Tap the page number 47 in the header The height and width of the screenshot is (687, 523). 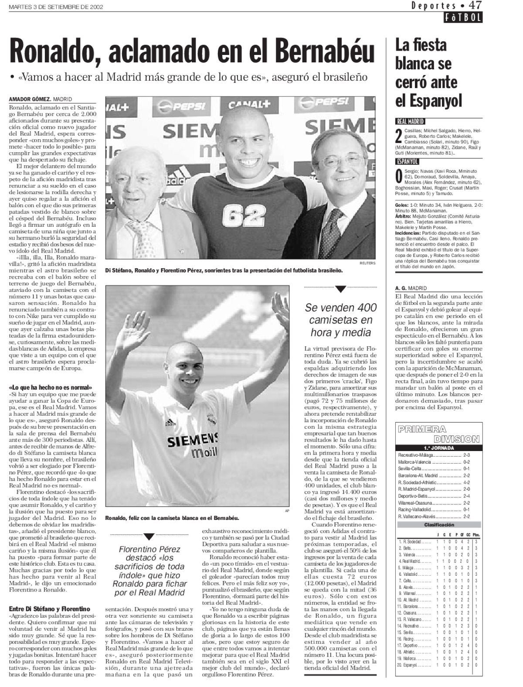tap(474, 6)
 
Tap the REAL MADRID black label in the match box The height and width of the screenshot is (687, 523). tap(410, 122)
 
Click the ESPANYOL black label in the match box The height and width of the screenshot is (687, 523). tap(407, 161)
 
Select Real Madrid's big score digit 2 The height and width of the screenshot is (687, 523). tap(398, 135)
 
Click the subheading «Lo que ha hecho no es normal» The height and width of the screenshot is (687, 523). tap(51, 387)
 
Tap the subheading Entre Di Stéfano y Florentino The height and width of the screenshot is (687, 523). tap(49, 608)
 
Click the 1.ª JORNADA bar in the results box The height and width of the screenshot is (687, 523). tap(438, 448)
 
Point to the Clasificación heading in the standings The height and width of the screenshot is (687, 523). tap(438, 525)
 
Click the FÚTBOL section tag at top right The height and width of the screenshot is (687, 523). tap(464, 18)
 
